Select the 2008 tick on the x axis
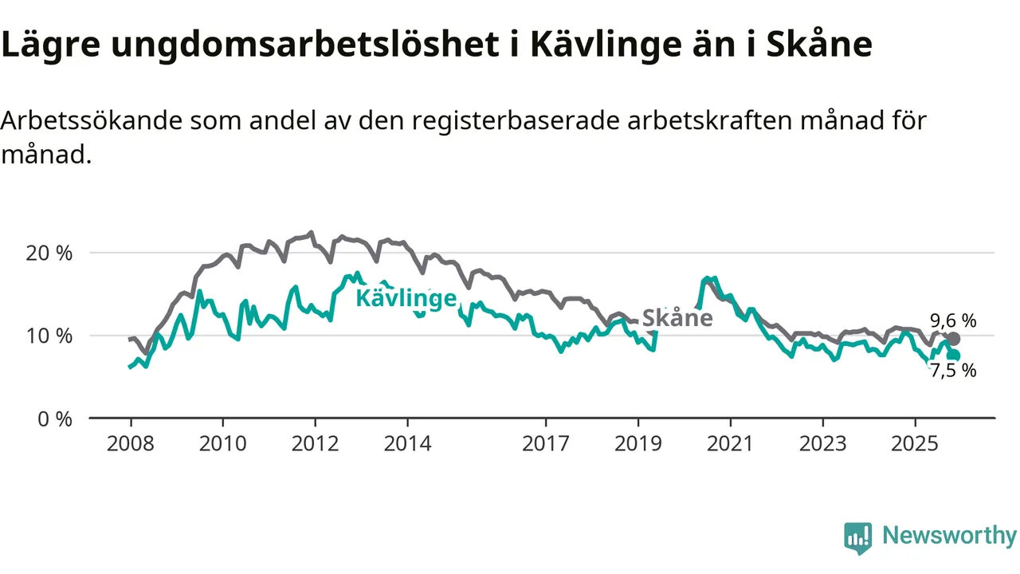(x=131, y=442)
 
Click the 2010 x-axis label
(x=223, y=442)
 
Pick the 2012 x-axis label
(x=316, y=442)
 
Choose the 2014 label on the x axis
(x=408, y=442)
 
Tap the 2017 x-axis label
(x=546, y=442)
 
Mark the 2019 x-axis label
(x=638, y=442)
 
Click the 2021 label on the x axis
(x=731, y=442)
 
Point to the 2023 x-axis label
(x=823, y=442)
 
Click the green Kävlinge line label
(x=406, y=298)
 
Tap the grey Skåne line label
(x=677, y=318)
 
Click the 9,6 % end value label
(x=953, y=320)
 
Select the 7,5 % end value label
(x=953, y=370)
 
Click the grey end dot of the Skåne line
(x=954, y=339)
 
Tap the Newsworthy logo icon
(x=858, y=538)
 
